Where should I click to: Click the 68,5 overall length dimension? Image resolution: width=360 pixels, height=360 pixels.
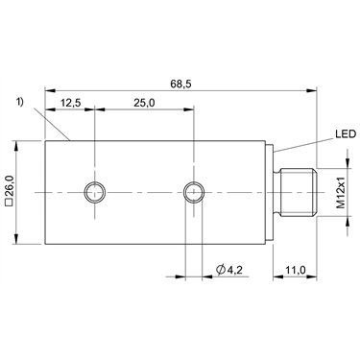(x=180, y=84)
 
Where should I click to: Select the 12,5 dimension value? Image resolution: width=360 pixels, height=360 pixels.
(x=71, y=103)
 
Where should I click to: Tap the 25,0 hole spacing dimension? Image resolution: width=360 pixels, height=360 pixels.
(x=144, y=103)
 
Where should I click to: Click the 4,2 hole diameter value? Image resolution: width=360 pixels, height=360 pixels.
(x=234, y=270)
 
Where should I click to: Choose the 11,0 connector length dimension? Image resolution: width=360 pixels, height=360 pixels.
(x=295, y=270)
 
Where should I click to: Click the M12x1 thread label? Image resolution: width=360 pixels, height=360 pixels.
(x=342, y=192)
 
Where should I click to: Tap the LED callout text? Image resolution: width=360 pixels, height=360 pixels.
(x=346, y=134)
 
